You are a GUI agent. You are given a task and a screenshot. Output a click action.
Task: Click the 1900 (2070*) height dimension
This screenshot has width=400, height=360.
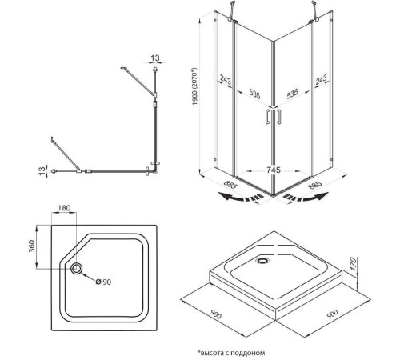(x=195, y=86)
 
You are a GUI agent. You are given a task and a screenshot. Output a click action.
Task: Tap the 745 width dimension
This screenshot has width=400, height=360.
(x=274, y=170)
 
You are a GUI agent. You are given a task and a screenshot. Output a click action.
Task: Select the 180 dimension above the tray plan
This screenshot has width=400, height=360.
(x=64, y=208)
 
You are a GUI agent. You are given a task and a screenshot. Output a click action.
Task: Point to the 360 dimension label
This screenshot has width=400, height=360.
(x=32, y=246)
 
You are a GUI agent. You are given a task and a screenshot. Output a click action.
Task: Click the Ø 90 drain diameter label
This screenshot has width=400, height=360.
(x=103, y=282)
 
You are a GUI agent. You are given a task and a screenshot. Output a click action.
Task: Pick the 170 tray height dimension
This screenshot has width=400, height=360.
(x=353, y=264)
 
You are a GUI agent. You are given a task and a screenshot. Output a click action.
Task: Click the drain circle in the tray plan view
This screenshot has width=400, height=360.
(x=77, y=269)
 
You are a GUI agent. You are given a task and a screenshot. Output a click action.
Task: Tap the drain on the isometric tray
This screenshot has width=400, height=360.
(x=263, y=260)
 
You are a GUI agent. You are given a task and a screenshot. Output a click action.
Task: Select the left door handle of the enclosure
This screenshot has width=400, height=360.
(x=267, y=117)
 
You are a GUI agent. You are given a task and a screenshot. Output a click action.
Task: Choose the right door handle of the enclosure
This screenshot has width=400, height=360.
(x=278, y=117)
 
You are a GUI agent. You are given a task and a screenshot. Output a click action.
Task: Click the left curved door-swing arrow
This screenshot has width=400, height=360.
(x=241, y=197)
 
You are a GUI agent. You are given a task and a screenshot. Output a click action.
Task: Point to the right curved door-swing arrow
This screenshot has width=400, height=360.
(x=306, y=197)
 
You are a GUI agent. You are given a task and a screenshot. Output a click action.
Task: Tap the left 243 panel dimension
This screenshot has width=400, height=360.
(x=226, y=80)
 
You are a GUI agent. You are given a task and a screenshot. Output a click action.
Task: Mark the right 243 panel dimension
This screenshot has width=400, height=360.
(x=321, y=79)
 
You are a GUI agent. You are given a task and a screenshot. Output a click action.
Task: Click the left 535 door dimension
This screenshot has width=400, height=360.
(x=254, y=94)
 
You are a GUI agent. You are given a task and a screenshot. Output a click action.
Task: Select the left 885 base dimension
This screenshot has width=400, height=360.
(x=230, y=185)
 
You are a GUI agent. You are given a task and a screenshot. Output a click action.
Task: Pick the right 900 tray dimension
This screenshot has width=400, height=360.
(x=332, y=314)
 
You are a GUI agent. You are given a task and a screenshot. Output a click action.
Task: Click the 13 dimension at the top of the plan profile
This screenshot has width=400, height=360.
(x=155, y=58)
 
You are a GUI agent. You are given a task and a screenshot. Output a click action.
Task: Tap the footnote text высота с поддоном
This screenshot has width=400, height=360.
(x=233, y=353)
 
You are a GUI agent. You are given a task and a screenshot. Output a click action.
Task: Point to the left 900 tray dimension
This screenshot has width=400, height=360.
(x=215, y=314)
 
